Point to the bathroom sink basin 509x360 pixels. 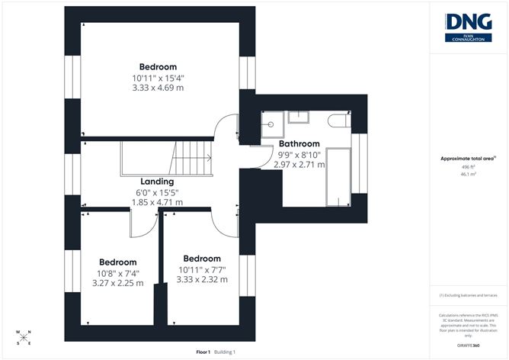click(x=298, y=117)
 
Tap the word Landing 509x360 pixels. click(x=157, y=182)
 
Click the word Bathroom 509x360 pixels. click(x=299, y=143)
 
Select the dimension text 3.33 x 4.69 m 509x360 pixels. click(x=157, y=88)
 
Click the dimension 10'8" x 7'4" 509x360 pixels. click(x=118, y=272)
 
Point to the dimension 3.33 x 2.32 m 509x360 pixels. click(x=201, y=279)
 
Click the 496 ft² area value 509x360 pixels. click(x=468, y=167)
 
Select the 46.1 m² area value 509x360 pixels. click(x=468, y=175)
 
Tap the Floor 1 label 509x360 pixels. click(x=203, y=352)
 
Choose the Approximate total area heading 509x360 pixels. click(x=467, y=159)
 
